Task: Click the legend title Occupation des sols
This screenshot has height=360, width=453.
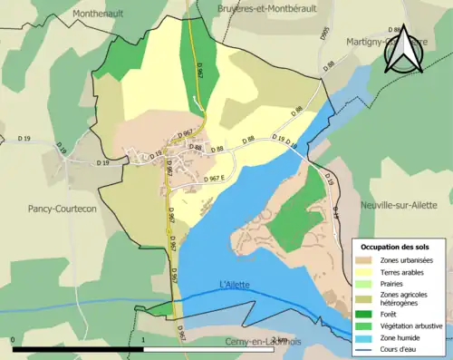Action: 396,247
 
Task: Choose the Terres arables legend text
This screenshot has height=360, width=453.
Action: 405,271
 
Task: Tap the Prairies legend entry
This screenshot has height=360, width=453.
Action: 394,283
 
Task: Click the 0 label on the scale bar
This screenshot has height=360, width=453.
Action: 14,340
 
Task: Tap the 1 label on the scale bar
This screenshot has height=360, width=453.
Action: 143,340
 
